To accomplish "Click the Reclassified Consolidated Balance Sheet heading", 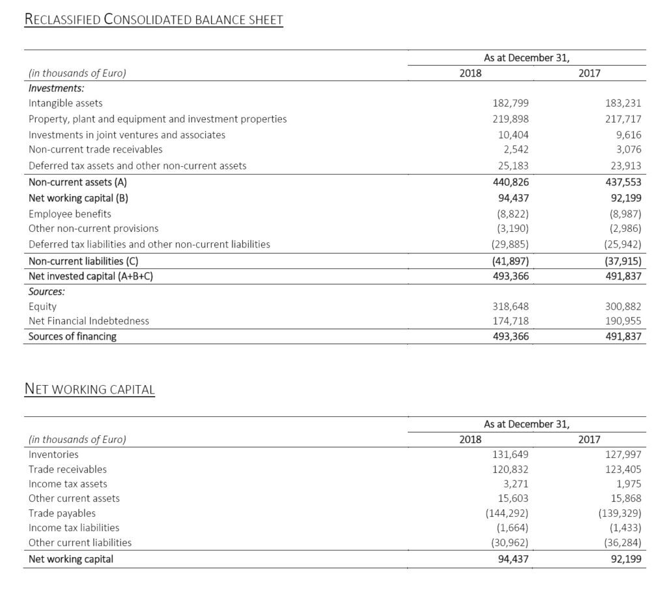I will click(x=153, y=20).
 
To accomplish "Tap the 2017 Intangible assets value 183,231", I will click(x=623, y=103).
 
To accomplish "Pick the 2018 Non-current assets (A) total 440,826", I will click(x=510, y=182).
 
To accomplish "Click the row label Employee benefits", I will click(x=70, y=214).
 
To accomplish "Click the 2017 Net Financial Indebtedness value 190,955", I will click(x=623, y=321).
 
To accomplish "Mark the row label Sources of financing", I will click(x=72, y=336).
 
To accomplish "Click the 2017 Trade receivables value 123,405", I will click(x=623, y=469).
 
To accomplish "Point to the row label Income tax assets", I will click(x=68, y=483).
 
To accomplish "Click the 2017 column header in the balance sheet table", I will click(x=589, y=73).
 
